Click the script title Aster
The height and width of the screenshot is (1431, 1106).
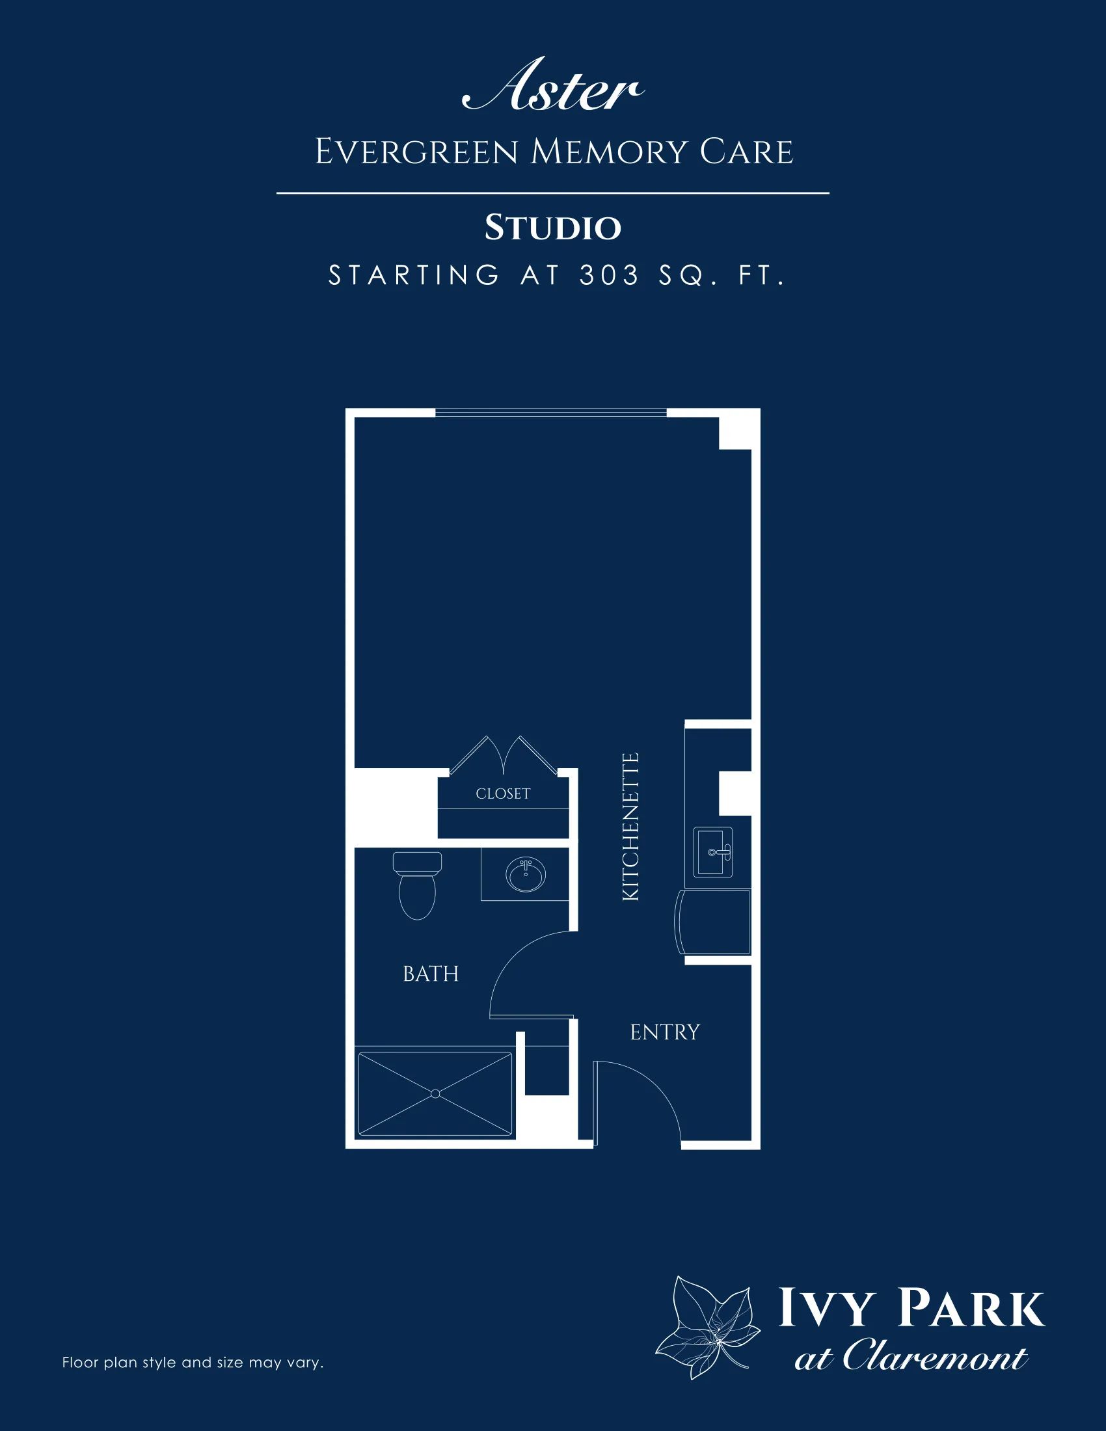[x=553, y=86]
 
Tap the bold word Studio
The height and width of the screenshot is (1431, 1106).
[x=553, y=228]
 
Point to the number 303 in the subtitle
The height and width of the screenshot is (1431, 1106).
[x=610, y=275]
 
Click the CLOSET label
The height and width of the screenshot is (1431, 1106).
[x=502, y=794]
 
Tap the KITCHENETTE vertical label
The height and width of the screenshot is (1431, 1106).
[x=630, y=826]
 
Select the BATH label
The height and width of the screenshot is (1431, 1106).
[x=431, y=974]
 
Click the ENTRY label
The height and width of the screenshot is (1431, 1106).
[x=664, y=1032]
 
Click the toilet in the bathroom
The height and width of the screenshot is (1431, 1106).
[x=418, y=885]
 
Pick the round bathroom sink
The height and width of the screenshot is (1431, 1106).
[x=526, y=874]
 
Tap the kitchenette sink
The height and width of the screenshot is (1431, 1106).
[x=713, y=852]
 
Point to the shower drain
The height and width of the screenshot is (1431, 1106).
[x=435, y=1093]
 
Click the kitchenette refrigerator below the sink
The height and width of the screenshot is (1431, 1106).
[x=713, y=922]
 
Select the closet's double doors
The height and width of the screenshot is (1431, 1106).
[x=503, y=755]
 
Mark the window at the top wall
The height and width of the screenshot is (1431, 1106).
[x=551, y=413]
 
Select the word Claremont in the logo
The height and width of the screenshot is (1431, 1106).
[x=935, y=1356]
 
